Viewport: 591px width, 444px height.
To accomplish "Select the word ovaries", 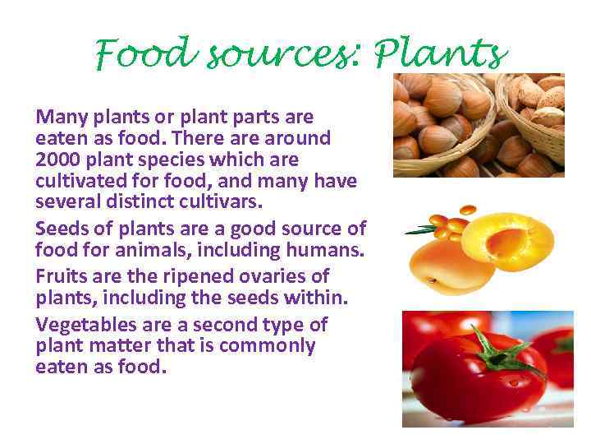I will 282,275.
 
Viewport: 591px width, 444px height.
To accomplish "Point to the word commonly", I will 267,345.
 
